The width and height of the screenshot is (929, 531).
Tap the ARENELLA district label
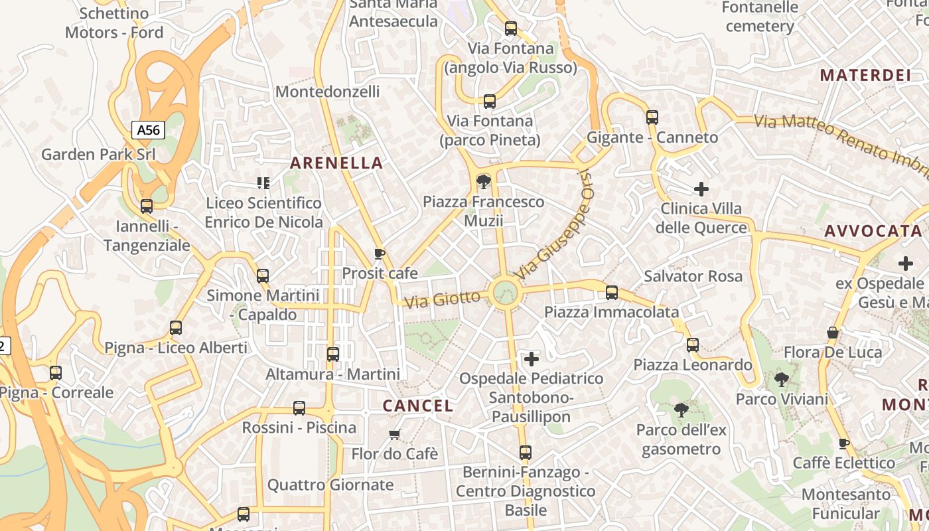(x=336, y=163)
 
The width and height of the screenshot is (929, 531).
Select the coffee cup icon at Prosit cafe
(x=380, y=254)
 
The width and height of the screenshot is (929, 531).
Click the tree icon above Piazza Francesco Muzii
(x=484, y=181)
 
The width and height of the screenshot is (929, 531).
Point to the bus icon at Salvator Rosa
(x=612, y=292)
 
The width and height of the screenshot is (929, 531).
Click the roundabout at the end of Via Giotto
(x=505, y=292)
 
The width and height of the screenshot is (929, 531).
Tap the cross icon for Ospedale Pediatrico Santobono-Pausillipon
(x=532, y=359)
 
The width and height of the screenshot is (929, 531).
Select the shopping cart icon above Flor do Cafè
(x=395, y=435)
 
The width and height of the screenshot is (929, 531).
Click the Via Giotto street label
(x=443, y=299)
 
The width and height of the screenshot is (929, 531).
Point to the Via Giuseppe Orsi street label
(x=553, y=226)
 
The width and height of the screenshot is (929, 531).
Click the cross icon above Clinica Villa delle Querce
(x=701, y=189)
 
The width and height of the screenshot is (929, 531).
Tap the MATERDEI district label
(x=865, y=75)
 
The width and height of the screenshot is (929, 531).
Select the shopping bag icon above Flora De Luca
(x=833, y=333)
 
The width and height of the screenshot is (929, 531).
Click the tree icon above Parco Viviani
(x=782, y=380)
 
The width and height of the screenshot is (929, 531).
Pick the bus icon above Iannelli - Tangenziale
(x=147, y=206)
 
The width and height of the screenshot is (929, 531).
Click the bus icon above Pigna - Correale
(x=56, y=373)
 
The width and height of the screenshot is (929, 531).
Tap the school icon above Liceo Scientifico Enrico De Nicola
(x=263, y=183)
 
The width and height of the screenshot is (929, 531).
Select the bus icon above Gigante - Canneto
(x=652, y=117)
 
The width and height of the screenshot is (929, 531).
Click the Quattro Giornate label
(x=330, y=485)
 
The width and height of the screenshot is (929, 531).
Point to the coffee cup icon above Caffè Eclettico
(x=844, y=443)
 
